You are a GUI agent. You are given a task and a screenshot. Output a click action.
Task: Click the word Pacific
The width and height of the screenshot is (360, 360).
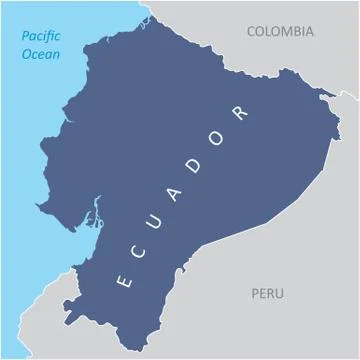(x=41, y=37)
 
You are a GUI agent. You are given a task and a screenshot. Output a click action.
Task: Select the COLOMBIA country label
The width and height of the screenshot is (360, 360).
(x=279, y=31)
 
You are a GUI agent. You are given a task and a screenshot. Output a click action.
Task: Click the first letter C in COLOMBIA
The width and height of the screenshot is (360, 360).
(x=251, y=31)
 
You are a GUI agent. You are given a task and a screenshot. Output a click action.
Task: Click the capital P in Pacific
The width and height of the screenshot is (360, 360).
(x=24, y=37)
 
